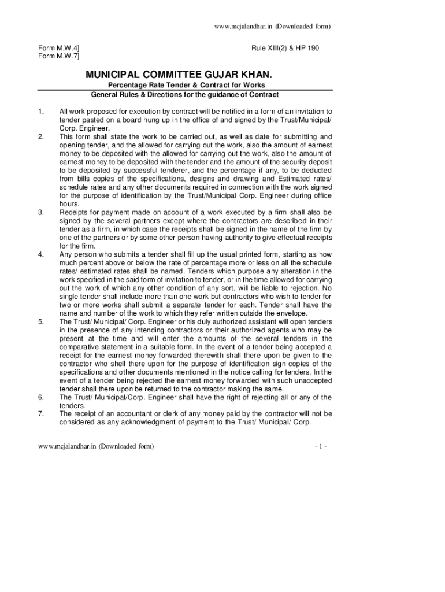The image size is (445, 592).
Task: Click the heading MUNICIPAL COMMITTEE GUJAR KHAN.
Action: (178, 75)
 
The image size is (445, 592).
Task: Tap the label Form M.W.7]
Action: (59, 56)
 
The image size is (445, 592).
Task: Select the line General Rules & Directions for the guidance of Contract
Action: (185, 95)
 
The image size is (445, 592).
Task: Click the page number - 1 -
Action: (321, 447)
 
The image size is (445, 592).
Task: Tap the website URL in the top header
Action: (272, 27)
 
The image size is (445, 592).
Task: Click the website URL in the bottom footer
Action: (96, 447)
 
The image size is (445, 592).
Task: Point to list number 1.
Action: (40, 111)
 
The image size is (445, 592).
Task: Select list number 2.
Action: (40, 137)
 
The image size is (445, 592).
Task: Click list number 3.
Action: (40, 213)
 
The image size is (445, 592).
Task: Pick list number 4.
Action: (40, 254)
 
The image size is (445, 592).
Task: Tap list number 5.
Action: (40, 321)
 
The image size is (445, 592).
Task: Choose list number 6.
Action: (40, 397)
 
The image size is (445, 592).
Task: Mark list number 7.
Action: (40, 414)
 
